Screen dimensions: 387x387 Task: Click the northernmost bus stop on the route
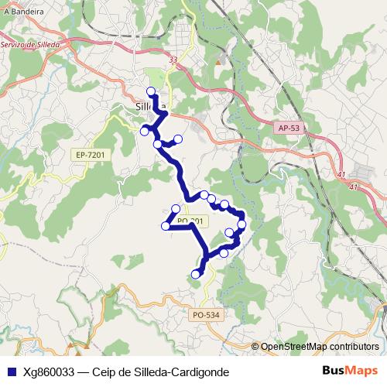[151, 91]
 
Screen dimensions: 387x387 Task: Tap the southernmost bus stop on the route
[196, 272]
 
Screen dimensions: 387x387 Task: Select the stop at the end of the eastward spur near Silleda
[178, 139]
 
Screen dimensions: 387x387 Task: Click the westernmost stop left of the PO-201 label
[165, 226]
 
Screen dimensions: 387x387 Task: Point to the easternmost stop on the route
[241, 224]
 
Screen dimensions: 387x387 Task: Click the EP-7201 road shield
[91, 156]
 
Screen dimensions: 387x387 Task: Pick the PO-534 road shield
[206, 314]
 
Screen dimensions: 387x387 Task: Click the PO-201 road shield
[190, 221]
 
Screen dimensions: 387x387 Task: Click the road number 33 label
[172, 59]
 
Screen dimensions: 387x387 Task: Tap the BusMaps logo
[349, 371]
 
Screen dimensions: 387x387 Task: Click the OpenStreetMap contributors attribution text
[319, 347]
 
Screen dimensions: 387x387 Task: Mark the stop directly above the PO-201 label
[176, 209]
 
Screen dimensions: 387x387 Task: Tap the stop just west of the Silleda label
[144, 131]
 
